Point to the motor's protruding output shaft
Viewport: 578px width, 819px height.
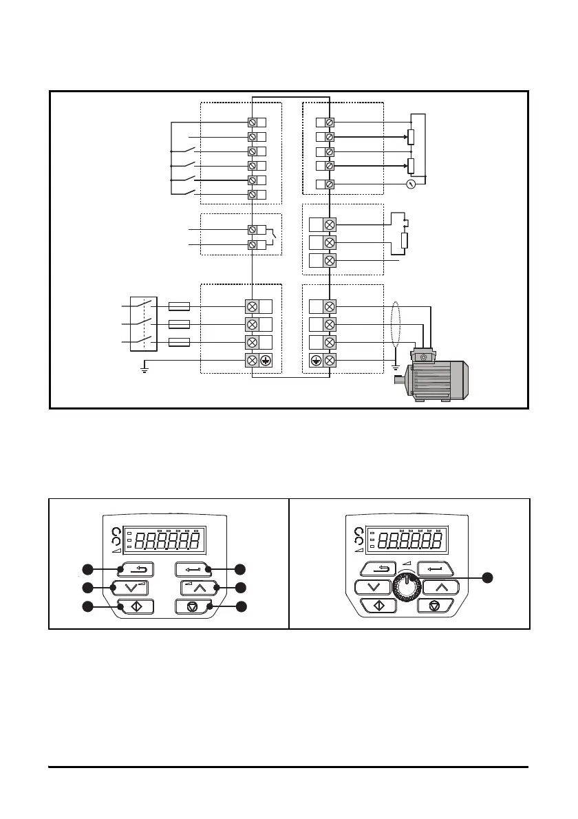[x=400, y=379]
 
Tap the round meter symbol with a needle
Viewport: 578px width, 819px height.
[x=412, y=184]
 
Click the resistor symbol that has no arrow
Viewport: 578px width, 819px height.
[x=405, y=241]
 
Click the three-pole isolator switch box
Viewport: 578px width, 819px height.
[x=144, y=324]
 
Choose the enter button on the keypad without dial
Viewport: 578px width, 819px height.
[x=194, y=569]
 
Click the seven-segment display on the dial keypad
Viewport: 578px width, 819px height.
[x=411, y=542]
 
